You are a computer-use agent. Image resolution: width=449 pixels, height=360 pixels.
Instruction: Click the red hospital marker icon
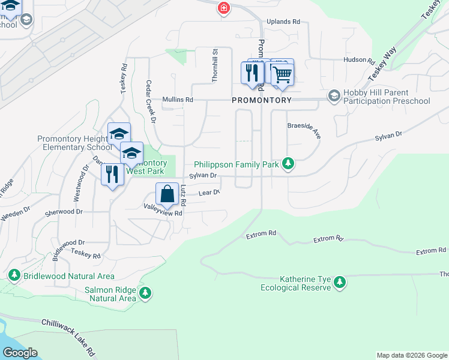pyautogui.click(x=223, y=8)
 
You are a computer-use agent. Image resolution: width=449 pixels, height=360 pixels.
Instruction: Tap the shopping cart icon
pyautogui.click(x=282, y=74)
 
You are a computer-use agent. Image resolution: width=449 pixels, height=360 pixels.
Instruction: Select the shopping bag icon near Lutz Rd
pyautogui.click(x=167, y=194)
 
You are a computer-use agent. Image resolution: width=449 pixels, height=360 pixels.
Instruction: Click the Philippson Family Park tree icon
pyautogui.click(x=288, y=164)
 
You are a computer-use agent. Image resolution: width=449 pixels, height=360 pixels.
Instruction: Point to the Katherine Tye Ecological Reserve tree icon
pyautogui.click(x=340, y=282)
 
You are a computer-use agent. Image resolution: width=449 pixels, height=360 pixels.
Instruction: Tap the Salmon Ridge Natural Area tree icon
pyautogui.click(x=145, y=293)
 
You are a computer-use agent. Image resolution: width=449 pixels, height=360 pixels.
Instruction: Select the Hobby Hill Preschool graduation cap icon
pyautogui.click(x=334, y=96)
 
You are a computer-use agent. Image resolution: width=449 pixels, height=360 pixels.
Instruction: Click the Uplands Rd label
pyautogui.click(x=283, y=22)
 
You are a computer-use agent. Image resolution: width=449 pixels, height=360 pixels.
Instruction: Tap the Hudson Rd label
pyautogui.click(x=358, y=61)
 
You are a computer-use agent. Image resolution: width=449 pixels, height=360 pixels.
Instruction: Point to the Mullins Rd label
pyautogui.click(x=177, y=100)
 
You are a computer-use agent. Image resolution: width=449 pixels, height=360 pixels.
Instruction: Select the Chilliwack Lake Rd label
pyautogui.click(x=68, y=332)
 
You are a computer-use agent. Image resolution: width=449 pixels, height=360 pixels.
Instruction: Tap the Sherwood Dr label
pyautogui.click(x=63, y=212)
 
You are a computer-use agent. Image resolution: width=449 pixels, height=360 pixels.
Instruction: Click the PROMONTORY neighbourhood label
pyautogui.click(x=262, y=100)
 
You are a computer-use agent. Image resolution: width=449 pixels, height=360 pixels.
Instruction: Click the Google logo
pyautogui.click(x=19, y=353)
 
